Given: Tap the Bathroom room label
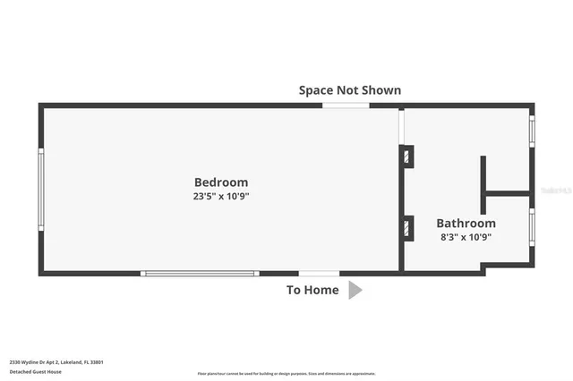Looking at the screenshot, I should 466,224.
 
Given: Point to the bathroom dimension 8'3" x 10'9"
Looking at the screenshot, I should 466,237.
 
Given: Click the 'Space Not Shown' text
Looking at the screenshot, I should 349,90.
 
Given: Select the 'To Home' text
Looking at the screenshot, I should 312,290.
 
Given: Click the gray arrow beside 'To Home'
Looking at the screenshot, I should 355,290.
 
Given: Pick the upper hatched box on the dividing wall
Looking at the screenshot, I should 407,157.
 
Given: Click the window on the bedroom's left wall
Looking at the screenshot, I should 40,189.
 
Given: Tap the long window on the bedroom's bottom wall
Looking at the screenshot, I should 200,273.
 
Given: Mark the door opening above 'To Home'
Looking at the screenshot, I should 319,273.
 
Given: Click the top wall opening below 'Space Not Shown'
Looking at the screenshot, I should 346,106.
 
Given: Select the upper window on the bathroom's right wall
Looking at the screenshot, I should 532,131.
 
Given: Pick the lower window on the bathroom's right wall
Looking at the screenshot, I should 532,226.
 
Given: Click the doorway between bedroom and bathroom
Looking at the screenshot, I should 402,126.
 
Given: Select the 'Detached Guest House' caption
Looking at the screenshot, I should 36,371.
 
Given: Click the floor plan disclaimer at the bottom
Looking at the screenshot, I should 286,374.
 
